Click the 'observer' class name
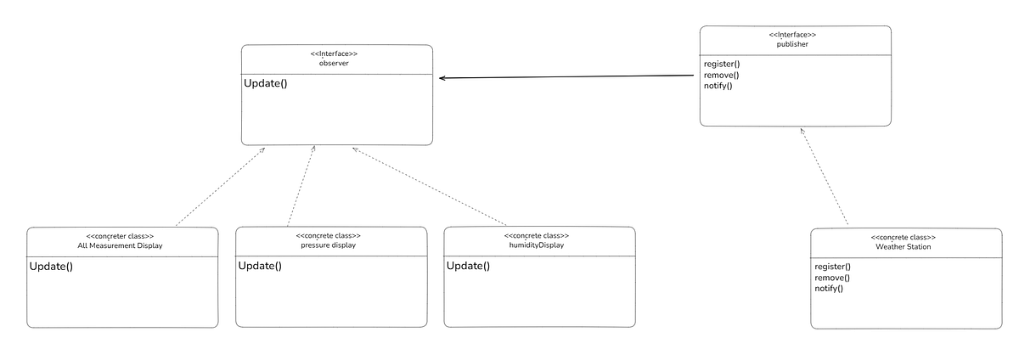[336, 64]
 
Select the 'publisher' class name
[795, 44]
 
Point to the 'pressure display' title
[329, 245]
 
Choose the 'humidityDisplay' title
[538, 245]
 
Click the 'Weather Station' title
[904, 247]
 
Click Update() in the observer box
[266, 83]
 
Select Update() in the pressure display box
[260, 266]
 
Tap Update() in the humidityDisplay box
[469, 266]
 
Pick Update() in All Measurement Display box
[52, 267]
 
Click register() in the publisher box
[722, 65]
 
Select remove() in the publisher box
[721, 75]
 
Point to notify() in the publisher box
[718, 86]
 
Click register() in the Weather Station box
[833, 267]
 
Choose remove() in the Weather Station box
[832, 278]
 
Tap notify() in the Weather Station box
[829, 289]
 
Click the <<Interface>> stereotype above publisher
[795, 35]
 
